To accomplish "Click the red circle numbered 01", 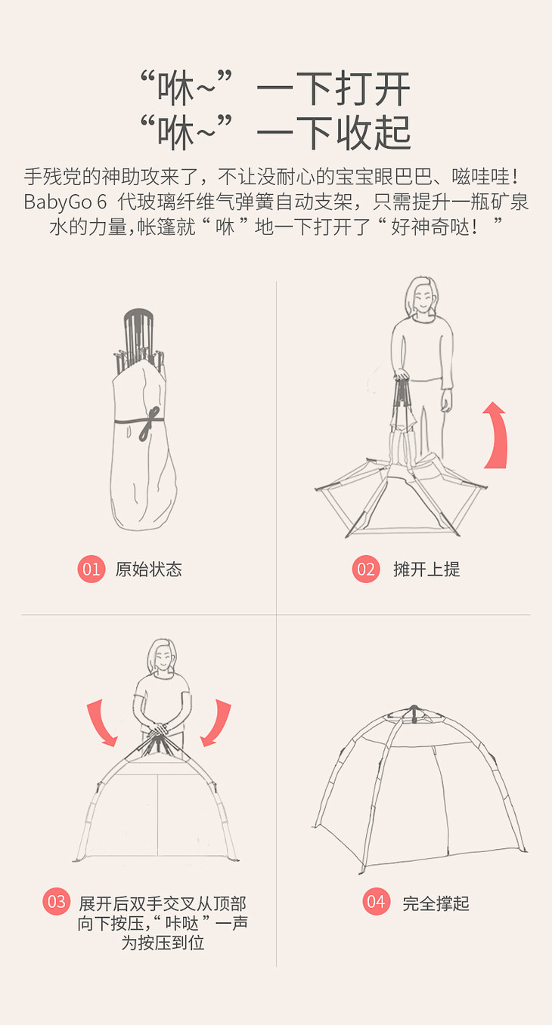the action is pyautogui.click(x=91, y=569).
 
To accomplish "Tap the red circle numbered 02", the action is pyautogui.click(x=365, y=569).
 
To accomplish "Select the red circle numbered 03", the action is pyautogui.click(x=57, y=901).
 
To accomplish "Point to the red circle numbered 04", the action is pyautogui.click(x=376, y=901).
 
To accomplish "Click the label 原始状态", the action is pyautogui.click(x=148, y=570).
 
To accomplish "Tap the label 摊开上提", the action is pyautogui.click(x=426, y=570).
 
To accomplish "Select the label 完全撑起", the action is pyautogui.click(x=436, y=903).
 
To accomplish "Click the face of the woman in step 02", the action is pyautogui.click(x=423, y=300).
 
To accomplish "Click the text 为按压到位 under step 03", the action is pyautogui.click(x=163, y=942).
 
